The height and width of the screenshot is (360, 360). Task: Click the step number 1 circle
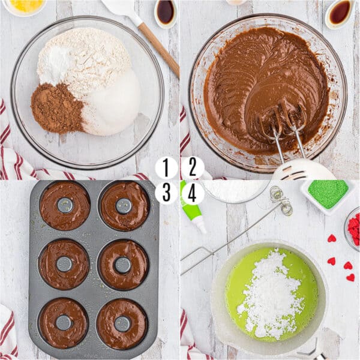tap(166, 168)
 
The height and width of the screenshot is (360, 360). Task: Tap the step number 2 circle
tap(193, 168)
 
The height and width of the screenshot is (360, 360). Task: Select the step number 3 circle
tap(166, 193)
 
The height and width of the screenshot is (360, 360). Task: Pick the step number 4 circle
tap(193, 193)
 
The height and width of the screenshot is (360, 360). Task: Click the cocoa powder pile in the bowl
tap(56, 108)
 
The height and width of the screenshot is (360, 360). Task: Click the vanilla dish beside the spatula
tap(166, 12)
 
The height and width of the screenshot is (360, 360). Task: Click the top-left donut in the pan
tap(65, 206)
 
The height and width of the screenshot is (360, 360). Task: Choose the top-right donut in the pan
tap(124, 206)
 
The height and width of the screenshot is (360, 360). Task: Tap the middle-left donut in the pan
tap(64, 264)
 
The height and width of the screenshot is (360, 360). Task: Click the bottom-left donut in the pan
tap(63, 323)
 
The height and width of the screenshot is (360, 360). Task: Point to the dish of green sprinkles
tap(328, 193)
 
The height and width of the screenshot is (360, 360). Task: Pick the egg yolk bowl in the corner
tap(24, 6)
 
